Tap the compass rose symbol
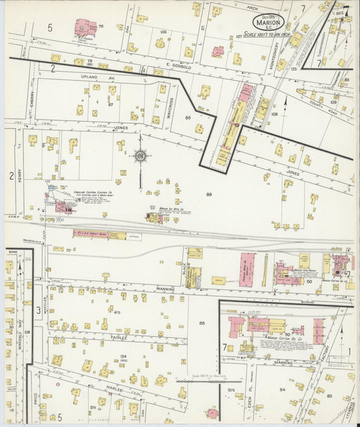tap(140, 156)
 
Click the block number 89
tap(209, 195)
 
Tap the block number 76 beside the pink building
tap(101, 27)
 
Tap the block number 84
tap(282, 388)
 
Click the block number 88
tap(188, 118)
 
